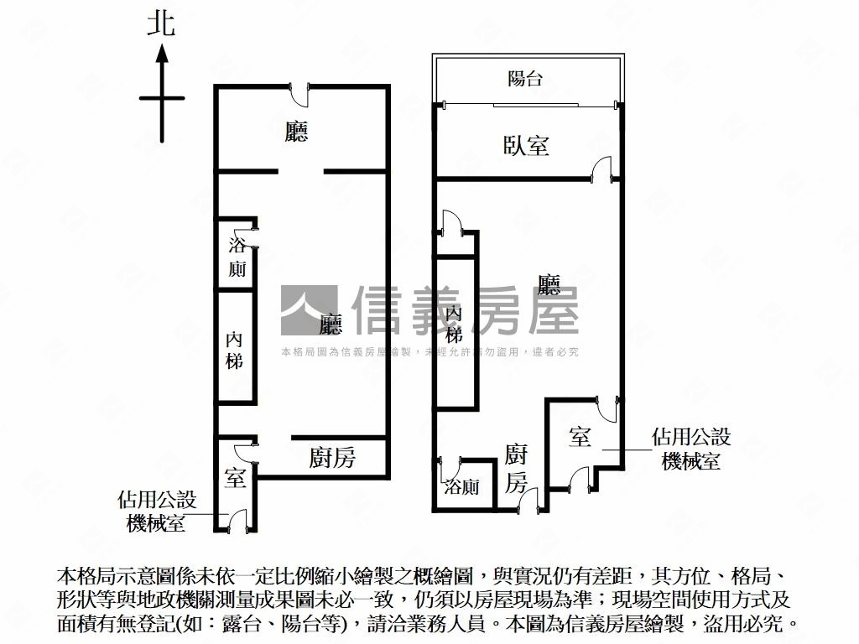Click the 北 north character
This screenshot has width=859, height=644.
(161, 23)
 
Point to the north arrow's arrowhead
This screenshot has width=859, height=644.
(162, 55)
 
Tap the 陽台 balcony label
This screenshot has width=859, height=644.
(526, 79)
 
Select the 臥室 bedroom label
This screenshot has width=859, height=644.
(526, 146)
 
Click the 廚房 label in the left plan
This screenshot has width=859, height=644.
(332, 458)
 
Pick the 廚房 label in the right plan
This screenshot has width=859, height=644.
(516, 469)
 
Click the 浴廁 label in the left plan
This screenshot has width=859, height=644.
(237, 257)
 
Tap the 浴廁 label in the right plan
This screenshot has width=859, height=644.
(462, 486)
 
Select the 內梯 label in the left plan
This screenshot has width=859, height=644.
(235, 351)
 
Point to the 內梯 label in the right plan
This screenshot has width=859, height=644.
(454, 324)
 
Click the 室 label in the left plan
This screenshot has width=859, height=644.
(235, 479)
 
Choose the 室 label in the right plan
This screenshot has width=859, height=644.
(580, 436)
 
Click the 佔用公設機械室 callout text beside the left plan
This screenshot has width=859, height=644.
(157, 512)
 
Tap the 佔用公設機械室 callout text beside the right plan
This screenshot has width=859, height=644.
(691, 449)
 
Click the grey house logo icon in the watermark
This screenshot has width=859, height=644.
(309, 311)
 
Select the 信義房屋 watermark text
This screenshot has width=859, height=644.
(466, 311)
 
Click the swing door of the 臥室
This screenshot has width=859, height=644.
(601, 170)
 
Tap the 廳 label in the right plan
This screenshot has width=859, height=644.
(549, 286)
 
